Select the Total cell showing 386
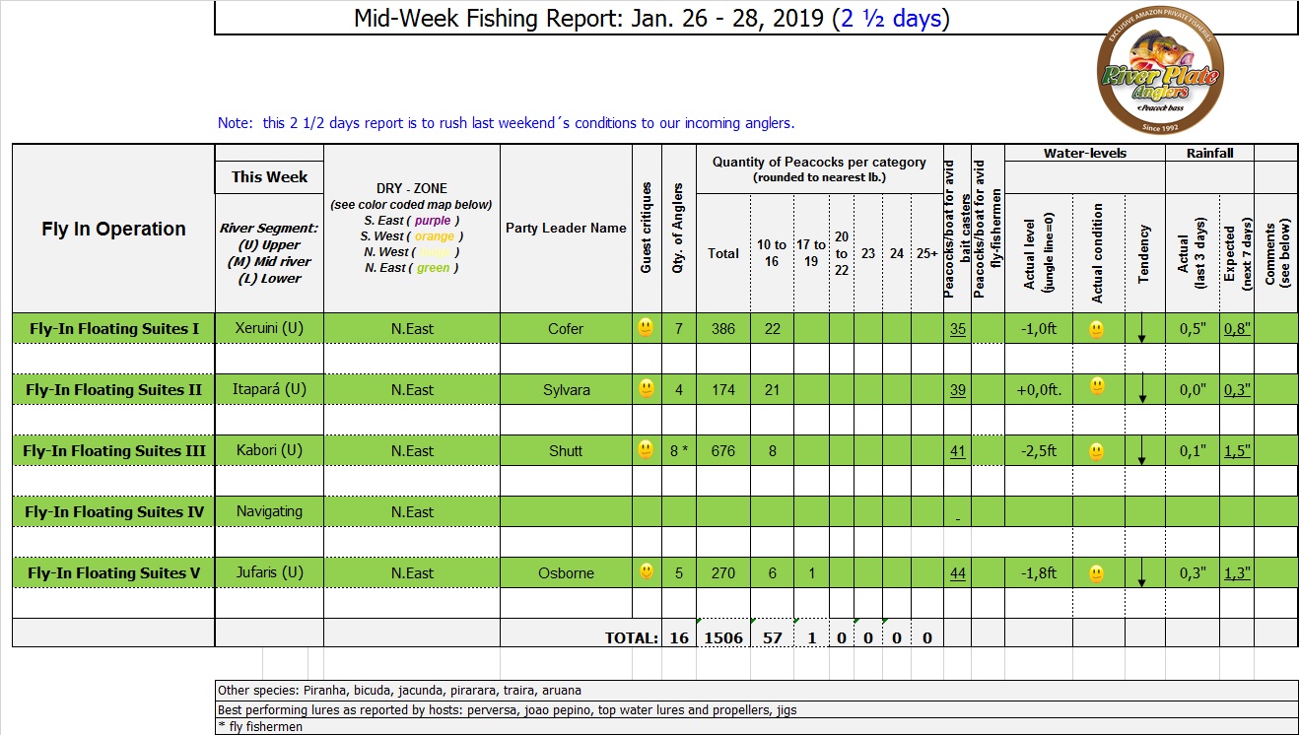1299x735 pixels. [x=722, y=328]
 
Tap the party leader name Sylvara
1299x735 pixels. [x=566, y=389]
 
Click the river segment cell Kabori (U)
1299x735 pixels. [x=269, y=450]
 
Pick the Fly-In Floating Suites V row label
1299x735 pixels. [x=114, y=572]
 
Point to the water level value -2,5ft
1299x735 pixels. [x=1036, y=450]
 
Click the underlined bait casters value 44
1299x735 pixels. [x=957, y=573]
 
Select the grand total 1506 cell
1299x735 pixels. [x=722, y=637]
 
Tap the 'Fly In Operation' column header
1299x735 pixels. [x=113, y=229]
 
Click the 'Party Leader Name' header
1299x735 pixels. [x=566, y=228]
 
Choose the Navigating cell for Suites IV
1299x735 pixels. [x=269, y=511]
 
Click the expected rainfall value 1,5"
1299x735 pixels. [x=1237, y=450]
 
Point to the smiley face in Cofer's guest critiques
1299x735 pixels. [x=646, y=327]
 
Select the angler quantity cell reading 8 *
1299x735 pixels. [x=678, y=450]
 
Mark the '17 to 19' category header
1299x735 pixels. [x=811, y=253]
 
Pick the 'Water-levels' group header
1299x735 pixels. [x=1084, y=153]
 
